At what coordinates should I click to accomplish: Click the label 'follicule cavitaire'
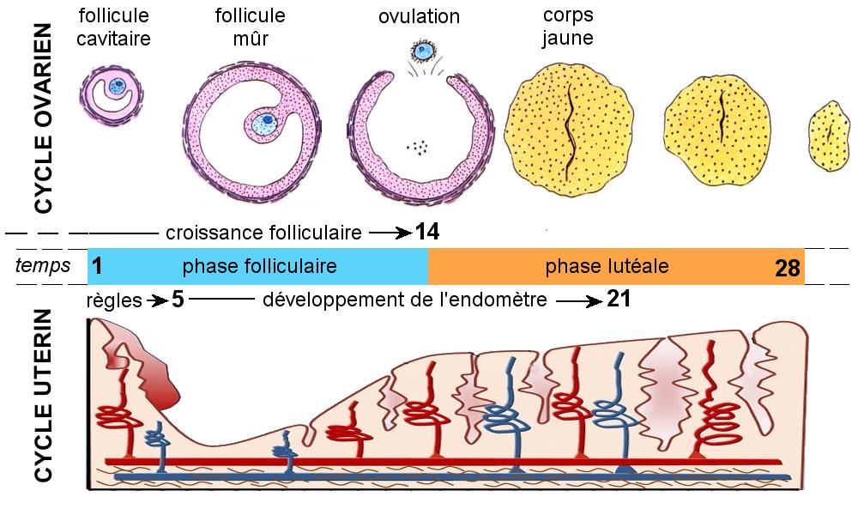click(114, 27)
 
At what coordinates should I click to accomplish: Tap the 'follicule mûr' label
click(251, 27)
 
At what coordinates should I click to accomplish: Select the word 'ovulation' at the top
click(419, 17)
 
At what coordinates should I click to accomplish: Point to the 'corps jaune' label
click(568, 27)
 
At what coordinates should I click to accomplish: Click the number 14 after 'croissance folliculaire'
click(427, 231)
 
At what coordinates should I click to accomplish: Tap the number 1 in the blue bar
click(97, 267)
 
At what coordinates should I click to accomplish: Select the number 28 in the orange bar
click(787, 268)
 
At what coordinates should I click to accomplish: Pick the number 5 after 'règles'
click(178, 300)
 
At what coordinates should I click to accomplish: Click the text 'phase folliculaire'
click(259, 266)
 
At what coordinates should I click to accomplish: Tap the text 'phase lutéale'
click(607, 266)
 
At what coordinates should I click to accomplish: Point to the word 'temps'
click(42, 266)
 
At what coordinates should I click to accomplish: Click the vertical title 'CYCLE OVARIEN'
click(43, 118)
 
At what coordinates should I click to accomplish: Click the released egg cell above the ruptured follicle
click(422, 53)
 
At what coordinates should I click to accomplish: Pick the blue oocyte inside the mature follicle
click(267, 122)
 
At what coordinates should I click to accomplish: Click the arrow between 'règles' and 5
click(157, 300)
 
